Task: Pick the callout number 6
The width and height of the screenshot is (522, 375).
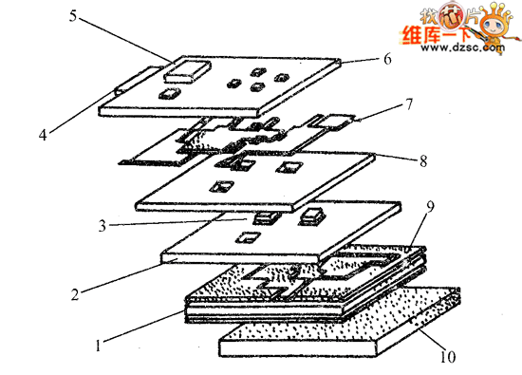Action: tap(386, 59)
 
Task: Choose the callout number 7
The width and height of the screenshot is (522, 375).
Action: tap(408, 103)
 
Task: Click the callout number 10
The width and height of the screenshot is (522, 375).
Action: tap(447, 358)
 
